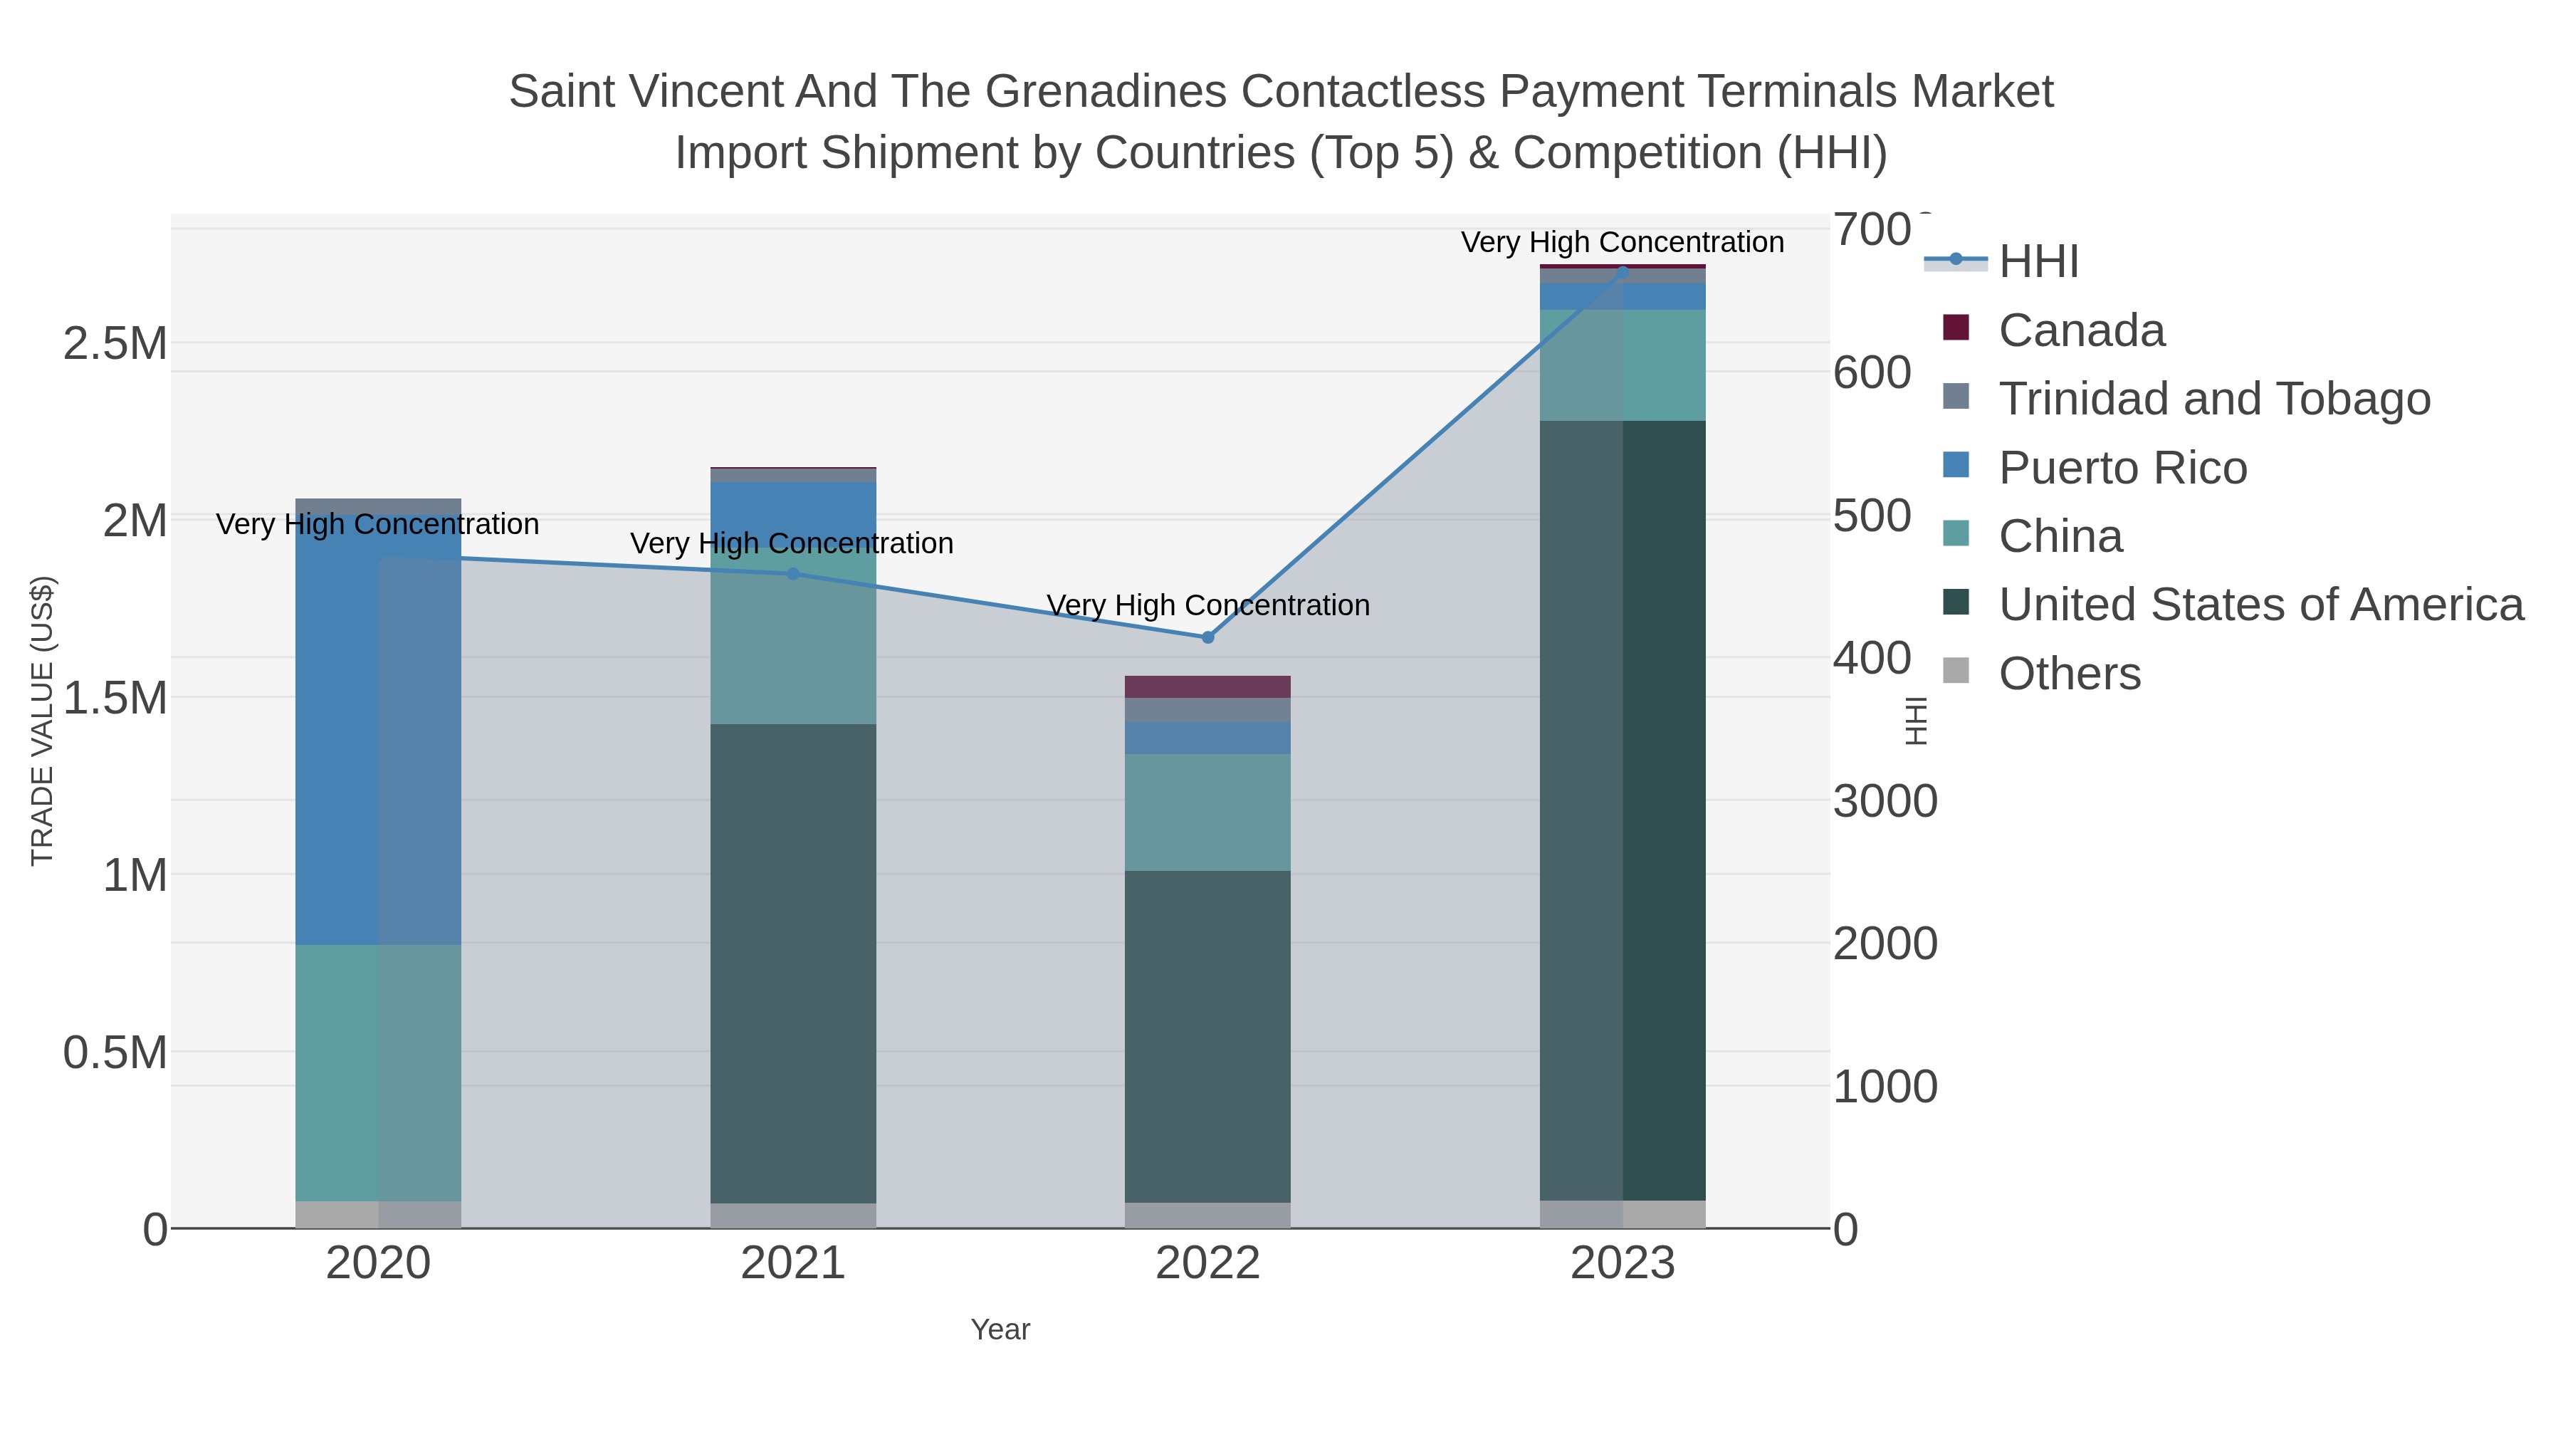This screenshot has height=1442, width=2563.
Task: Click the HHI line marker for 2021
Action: pyautogui.click(x=793, y=573)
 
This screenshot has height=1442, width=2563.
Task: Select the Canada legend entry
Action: pyautogui.click(x=2082, y=330)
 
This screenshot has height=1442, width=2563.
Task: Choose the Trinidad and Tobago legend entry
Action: pyautogui.click(x=2213, y=399)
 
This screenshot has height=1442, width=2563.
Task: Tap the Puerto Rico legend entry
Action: pyautogui.click(x=2122, y=468)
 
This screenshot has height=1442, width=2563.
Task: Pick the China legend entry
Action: pyautogui.click(x=2060, y=536)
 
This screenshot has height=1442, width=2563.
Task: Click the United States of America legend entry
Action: pyautogui.click(x=2260, y=605)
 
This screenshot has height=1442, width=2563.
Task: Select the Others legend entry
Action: pyautogui.click(x=2070, y=674)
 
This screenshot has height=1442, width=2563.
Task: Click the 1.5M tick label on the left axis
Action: pyautogui.click(x=115, y=699)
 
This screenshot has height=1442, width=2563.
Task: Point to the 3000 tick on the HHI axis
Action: pyautogui.click(x=1885, y=801)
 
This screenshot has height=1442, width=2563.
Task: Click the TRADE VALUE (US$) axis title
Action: pyautogui.click(x=42, y=721)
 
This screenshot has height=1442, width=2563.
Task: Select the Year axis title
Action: pyautogui.click(x=1000, y=1329)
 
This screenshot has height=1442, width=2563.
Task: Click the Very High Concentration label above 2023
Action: pyautogui.click(x=1622, y=243)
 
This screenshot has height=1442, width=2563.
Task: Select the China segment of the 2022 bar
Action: pyautogui.click(x=1208, y=812)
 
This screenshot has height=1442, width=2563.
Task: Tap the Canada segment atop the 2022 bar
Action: pyautogui.click(x=1208, y=686)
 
